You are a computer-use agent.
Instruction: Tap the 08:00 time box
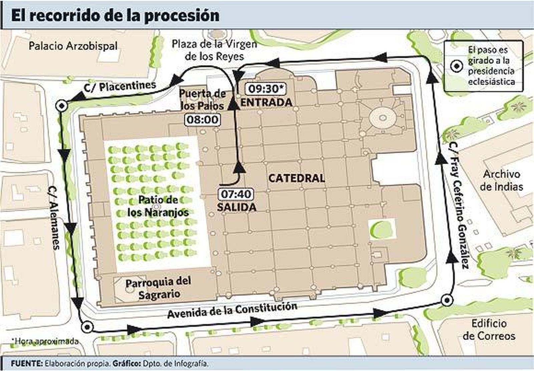[x=203, y=120]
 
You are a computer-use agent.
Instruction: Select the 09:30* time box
[x=266, y=89]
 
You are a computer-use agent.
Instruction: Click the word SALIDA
[x=237, y=207]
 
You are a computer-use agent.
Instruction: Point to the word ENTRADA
[x=266, y=102]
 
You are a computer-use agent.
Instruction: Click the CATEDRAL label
[x=296, y=178]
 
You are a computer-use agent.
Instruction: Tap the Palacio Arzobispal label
[x=73, y=46]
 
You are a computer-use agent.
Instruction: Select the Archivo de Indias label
[x=501, y=180]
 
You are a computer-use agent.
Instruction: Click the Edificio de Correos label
[x=489, y=329]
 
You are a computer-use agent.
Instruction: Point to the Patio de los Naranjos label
[x=158, y=206]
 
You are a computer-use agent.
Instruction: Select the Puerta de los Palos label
[x=202, y=99]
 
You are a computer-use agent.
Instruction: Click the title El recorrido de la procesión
[x=115, y=16]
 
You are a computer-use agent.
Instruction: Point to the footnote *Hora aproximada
[x=45, y=341]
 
